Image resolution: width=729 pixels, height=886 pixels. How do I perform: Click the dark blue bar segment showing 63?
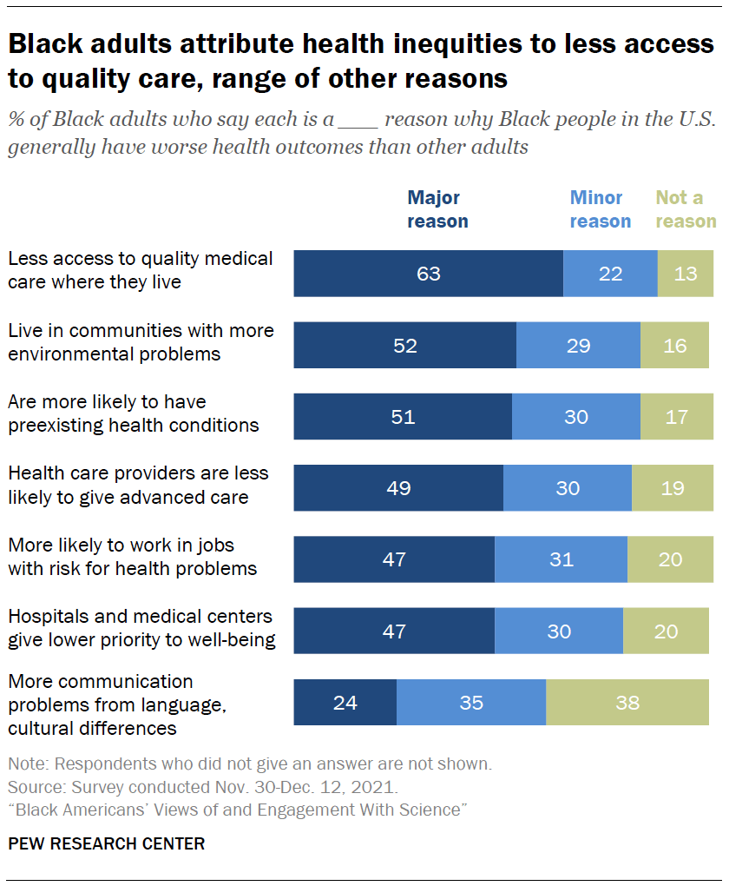point(428,274)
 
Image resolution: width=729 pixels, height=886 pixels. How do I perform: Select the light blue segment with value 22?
point(610,274)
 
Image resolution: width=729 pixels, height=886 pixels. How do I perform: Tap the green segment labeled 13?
point(686,274)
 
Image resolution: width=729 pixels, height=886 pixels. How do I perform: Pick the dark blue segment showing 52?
point(404,345)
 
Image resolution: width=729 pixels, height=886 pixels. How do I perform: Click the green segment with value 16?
point(674,345)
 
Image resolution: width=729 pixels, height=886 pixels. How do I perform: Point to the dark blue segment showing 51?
point(403,416)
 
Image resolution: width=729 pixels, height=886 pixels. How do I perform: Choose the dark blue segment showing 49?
point(398,487)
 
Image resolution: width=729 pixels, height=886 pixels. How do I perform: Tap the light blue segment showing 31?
point(561,559)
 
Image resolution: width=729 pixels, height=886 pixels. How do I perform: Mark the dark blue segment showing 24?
point(345,701)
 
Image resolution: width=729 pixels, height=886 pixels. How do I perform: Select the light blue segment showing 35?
point(471,701)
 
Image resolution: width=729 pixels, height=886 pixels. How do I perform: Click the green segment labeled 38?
point(627,701)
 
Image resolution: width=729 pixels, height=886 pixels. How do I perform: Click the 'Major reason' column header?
point(437,209)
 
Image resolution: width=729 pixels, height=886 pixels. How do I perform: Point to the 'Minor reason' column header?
point(600,209)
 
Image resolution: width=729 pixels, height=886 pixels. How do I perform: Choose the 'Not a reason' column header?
point(686,209)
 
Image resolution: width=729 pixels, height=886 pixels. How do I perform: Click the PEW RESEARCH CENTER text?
point(107,843)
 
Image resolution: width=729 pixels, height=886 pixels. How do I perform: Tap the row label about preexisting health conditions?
point(134,413)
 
